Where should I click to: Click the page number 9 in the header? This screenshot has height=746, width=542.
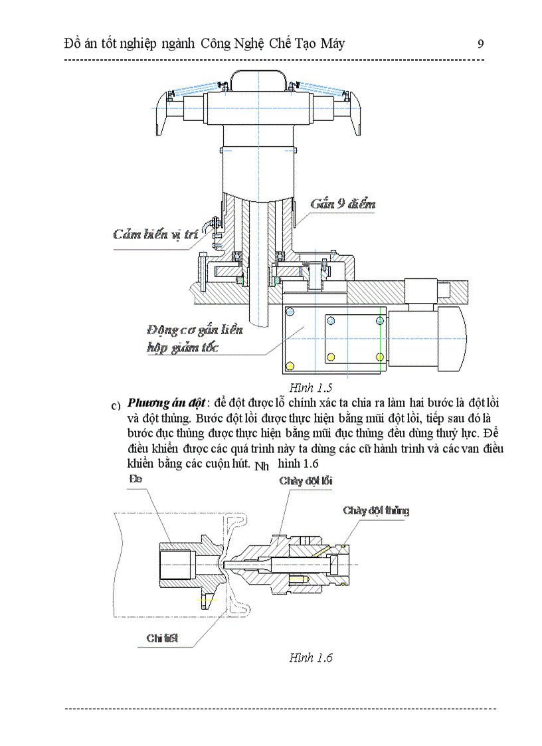[x=480, y=44]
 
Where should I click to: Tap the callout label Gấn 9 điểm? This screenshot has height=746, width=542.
[x=342, y=203]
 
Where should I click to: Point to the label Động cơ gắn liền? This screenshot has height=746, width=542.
[x=195, y=330]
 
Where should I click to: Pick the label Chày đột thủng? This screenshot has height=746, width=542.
[x=376, y=511]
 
